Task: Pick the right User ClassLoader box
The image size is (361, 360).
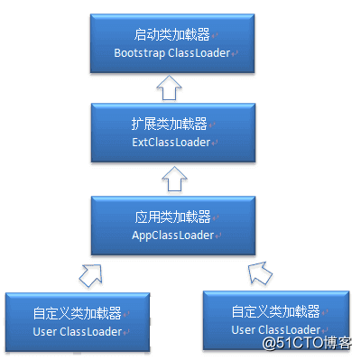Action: (x=276, y=320)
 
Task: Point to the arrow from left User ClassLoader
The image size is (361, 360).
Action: (x=90, y=272)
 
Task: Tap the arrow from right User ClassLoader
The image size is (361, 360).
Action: (x=258, y=270)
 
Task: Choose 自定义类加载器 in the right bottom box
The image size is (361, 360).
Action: (x=275, y=312)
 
